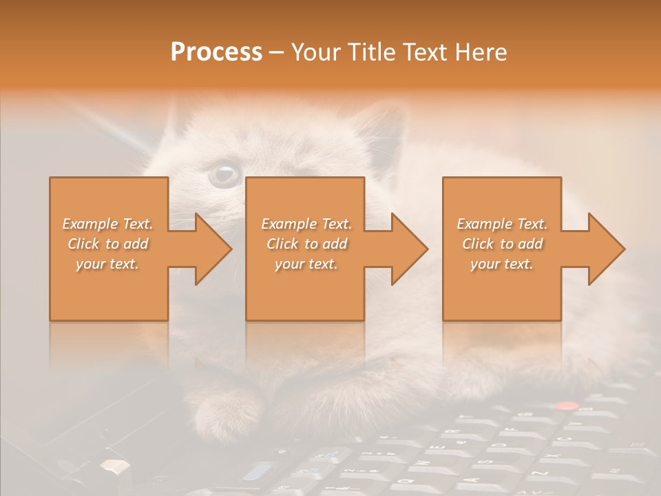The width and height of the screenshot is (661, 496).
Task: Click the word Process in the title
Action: tap(216, 52)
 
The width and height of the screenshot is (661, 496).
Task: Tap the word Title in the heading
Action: tap(370, 52)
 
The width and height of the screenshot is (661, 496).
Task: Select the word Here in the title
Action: tap(481, 52)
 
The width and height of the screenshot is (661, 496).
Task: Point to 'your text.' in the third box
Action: tap(501, 264)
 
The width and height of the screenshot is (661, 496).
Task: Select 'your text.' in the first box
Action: tap(107, 264)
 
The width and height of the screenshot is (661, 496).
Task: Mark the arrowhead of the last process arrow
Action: tap(605, 249)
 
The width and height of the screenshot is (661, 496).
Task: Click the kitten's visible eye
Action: tap(224, 174)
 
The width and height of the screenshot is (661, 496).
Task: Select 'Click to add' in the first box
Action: tap(107, 244)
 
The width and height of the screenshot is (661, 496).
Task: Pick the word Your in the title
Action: tap(315, 52)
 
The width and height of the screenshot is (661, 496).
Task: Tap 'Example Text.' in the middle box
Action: tap(306, 224)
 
